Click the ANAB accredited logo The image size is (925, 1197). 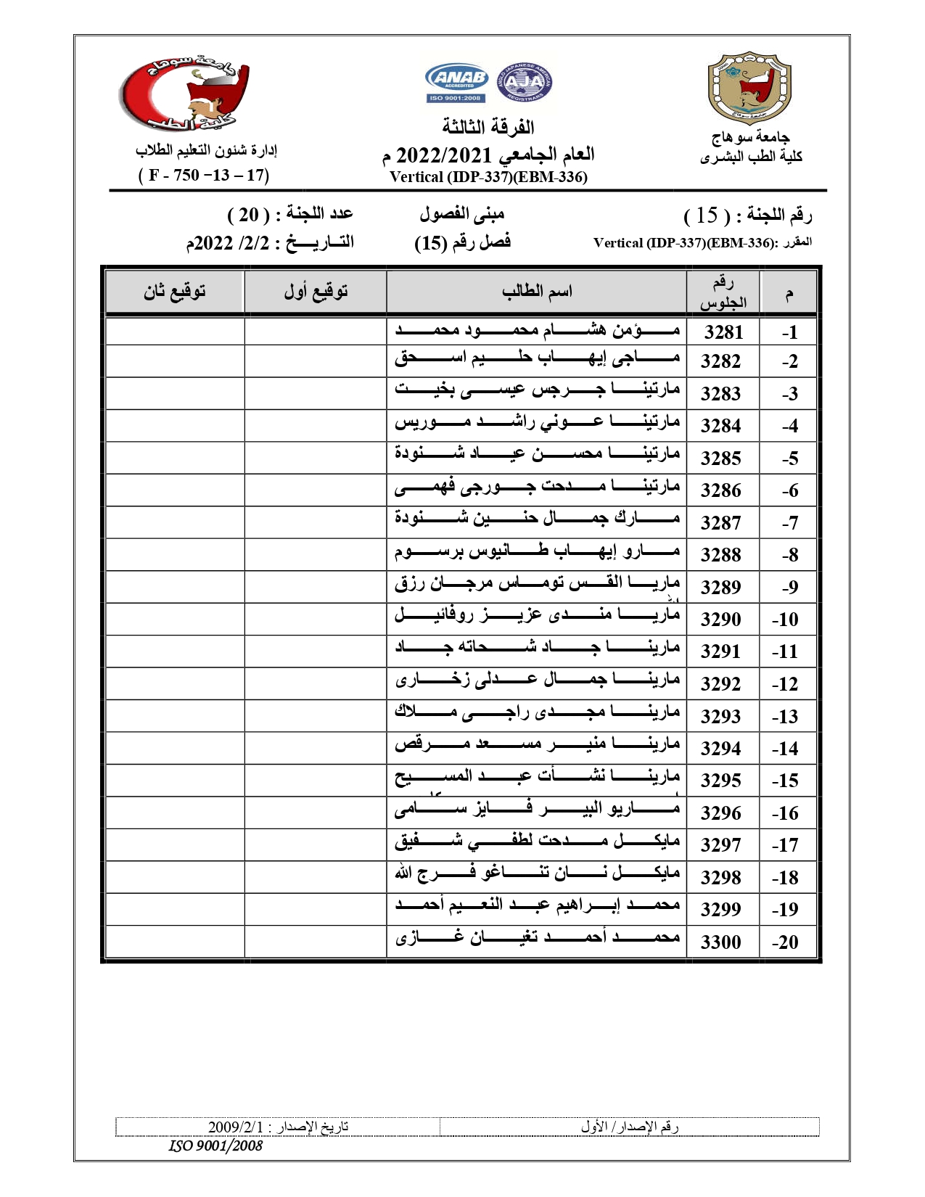pyautogui.click(x=457, y=83)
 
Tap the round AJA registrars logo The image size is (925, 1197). pyautogui.click(x=525, y=82)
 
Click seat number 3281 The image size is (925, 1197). pyautogui.click(x=723, y=332)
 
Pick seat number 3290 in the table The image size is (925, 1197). pyautogui.click(x=720, y=620)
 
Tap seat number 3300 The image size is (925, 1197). pyautogui.click(x=720, y=942)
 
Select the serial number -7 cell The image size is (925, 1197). pyautogui.click(x=789, y=523)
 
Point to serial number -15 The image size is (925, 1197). pyautogui.click(x=785, y=781)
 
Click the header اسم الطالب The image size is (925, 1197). pyautogui.click(x=537, y=292)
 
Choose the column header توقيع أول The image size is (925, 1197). pyautogui.click(x=316, y=292)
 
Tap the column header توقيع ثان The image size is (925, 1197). pyautogui.click(x=174, y=292)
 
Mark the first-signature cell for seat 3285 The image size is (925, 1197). pyautogui.click(x=315, y=458)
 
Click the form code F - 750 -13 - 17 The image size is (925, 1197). pyautogui.click(x=204, y=176)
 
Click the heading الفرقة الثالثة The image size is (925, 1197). pyautogui.click(x=488, y=128)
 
